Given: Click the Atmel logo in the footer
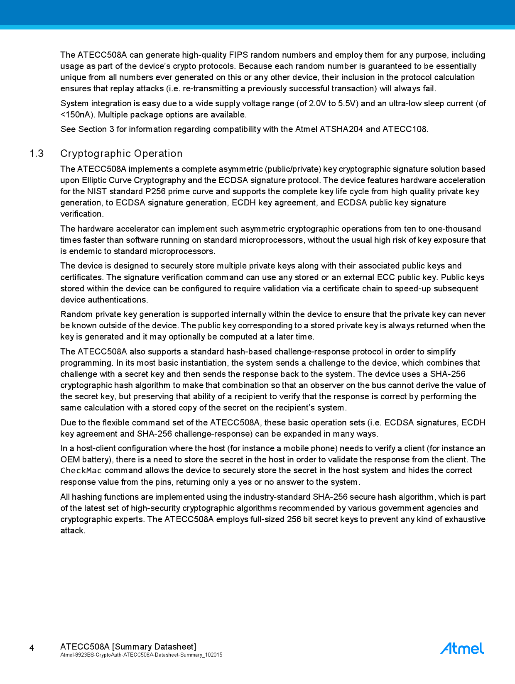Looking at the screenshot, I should [x=462, y=648].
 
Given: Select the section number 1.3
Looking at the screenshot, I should [x=37, y=154].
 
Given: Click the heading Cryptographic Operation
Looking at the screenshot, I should [x=121, y=154].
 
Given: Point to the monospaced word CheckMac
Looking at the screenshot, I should [x=81, y=471].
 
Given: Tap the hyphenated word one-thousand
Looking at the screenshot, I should [x=454, y=229].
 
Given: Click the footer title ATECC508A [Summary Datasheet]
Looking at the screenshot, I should [x=128, y=647].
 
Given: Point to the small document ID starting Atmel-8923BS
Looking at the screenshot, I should [x=141, y=655].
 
